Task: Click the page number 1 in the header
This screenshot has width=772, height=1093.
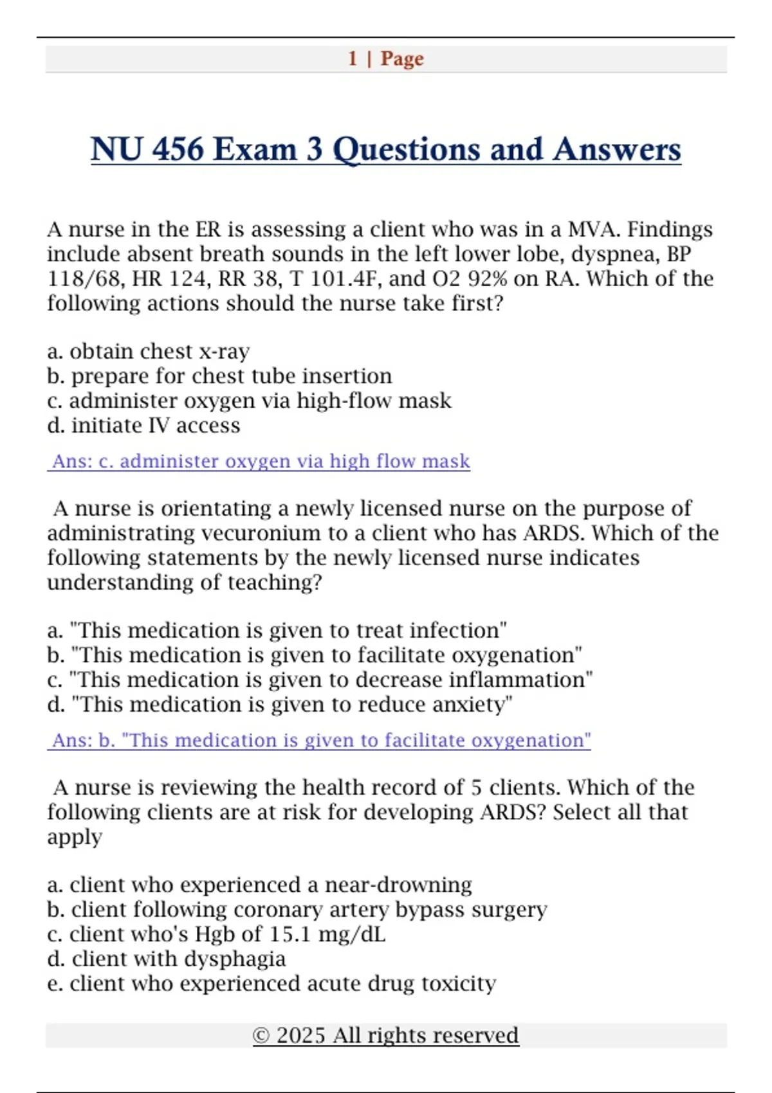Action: [x=353, y=59]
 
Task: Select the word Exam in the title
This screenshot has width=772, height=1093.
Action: [x=255, y=150]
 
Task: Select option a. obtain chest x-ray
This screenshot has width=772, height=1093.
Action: [x=149, y=352]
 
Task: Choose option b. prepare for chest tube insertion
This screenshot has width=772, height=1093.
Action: [x=219, y=376]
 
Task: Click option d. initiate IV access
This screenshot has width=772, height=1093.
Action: [x=143, y=426]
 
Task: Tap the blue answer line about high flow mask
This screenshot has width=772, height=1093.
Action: [x=259, y=462]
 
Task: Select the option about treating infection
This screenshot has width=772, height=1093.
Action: [x=277, y=631]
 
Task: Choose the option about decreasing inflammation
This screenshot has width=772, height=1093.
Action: [x=320, y=680]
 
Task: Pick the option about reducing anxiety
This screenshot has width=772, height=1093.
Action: [x=280, y=705]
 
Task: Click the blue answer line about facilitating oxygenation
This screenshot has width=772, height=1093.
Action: [x=320, y=741]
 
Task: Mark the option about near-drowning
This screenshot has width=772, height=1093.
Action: [x=260, y=885]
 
